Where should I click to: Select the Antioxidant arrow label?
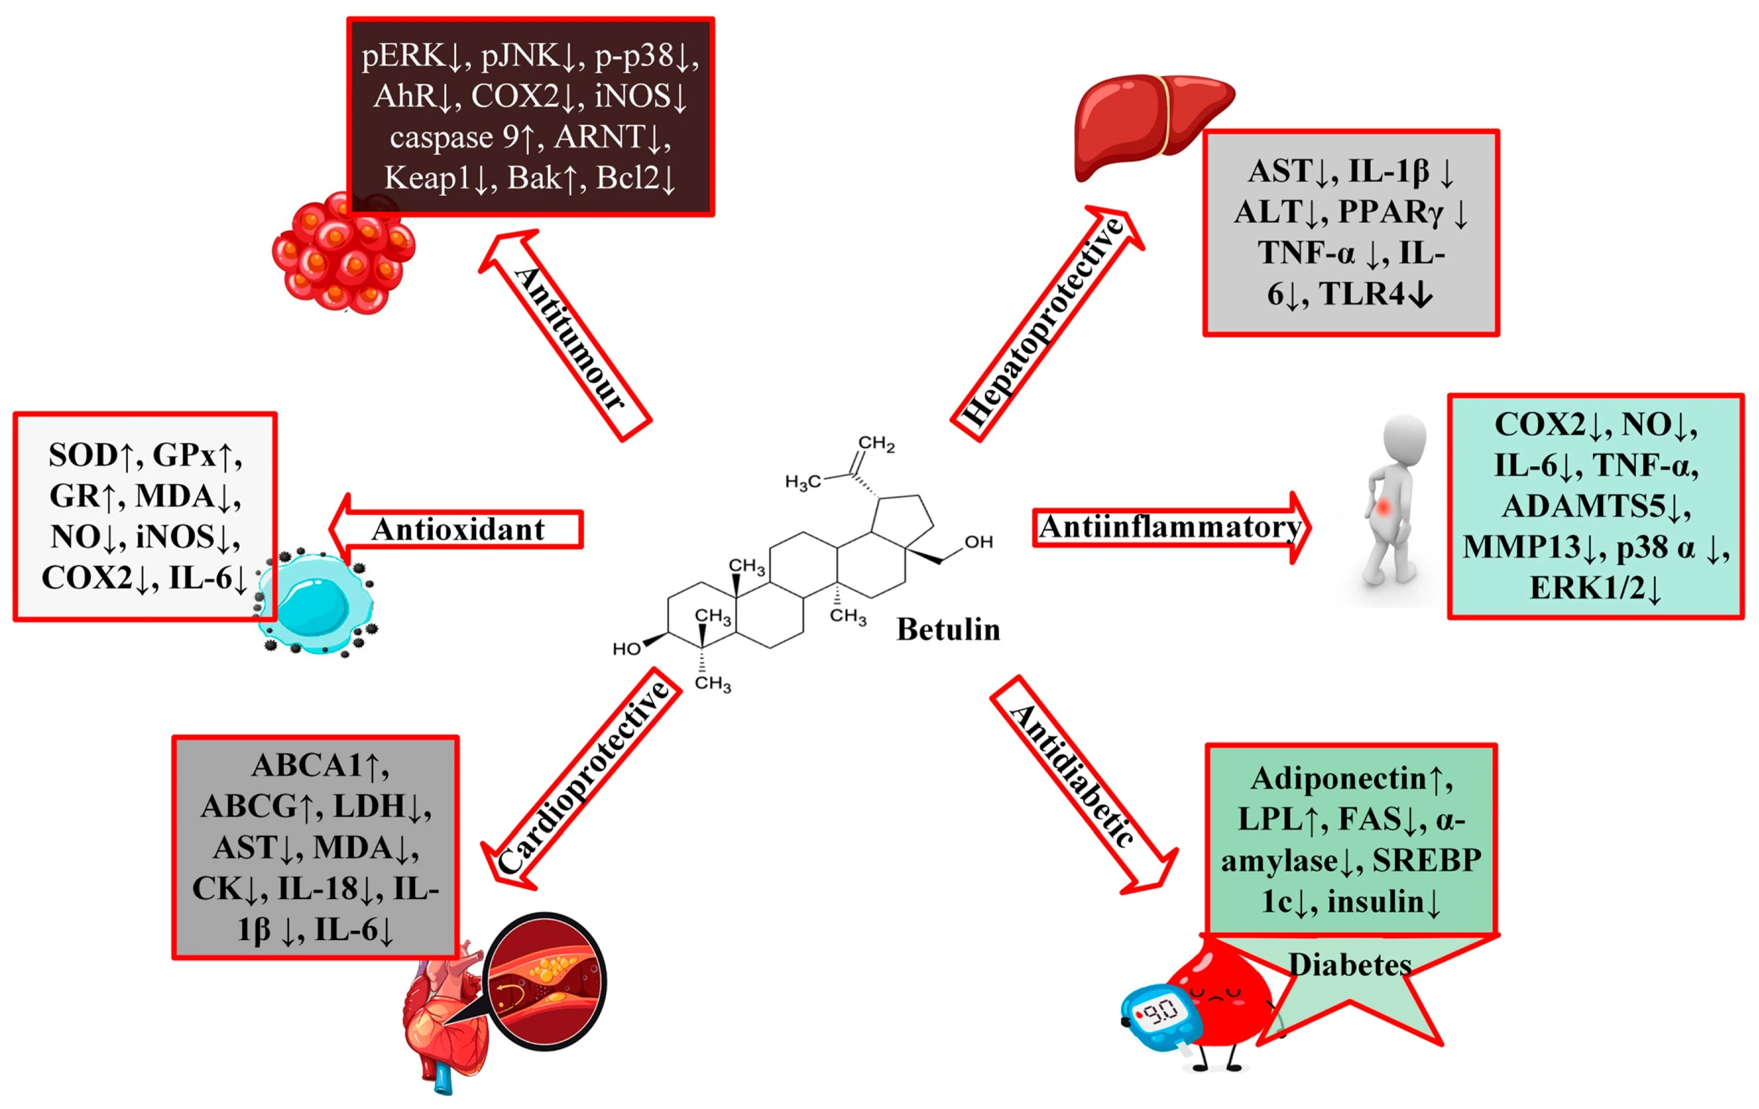(x=458, y=530)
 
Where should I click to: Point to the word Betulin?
(x=948, y=630)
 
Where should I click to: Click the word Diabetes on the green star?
(x=1349, y=965)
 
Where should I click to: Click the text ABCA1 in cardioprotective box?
(x=307, y=766)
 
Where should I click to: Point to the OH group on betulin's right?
(x=978, y=542)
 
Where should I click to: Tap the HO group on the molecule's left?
(x=627, y=649)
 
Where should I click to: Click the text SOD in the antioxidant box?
(x=82, y=455)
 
